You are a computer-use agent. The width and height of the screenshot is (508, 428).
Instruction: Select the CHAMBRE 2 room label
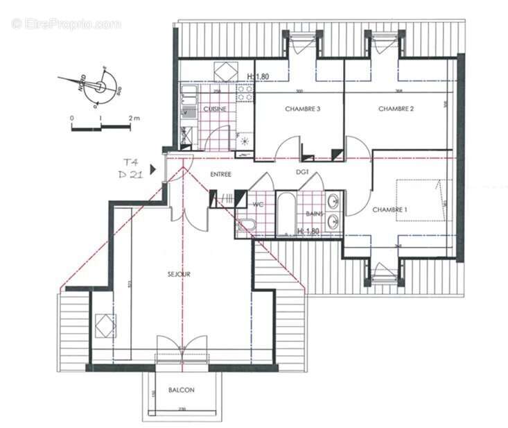(396, 109)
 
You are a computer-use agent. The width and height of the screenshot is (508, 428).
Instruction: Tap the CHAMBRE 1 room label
(389, 209)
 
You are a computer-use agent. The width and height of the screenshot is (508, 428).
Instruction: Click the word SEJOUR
(178, 274)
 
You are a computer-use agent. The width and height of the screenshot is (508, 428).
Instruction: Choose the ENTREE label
(220, 174)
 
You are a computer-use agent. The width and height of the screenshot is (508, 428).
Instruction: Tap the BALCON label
(182, 391)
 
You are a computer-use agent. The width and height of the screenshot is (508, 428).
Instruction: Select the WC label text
(259, 204)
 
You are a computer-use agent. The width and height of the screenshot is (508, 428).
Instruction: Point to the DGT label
(302, 172)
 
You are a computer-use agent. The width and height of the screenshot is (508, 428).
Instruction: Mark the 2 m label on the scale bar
(134, 119)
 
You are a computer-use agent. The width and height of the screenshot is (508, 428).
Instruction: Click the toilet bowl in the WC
(245, 224)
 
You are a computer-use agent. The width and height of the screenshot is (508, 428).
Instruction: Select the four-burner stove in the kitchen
(244, 93)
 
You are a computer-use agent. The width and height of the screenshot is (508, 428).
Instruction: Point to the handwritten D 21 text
(130, 175)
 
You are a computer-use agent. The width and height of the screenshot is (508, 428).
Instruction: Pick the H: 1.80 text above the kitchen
(258, 76)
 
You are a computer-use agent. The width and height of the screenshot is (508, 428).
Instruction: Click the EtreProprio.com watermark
(66, 24)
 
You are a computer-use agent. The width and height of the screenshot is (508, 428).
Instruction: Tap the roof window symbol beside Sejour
(105, 325)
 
